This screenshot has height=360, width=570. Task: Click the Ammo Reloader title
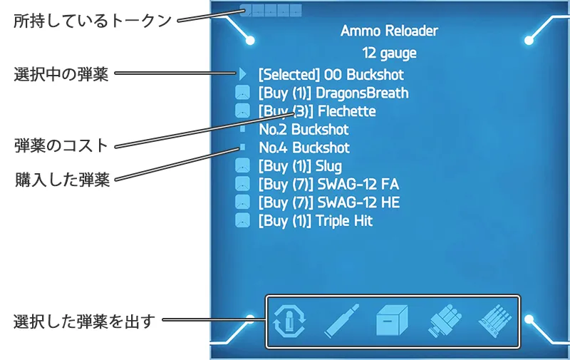point(389,31)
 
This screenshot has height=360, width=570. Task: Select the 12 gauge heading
point(389,53)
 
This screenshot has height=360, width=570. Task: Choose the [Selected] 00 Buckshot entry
point(331,74)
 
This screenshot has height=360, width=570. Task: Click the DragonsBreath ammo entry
point(333,93)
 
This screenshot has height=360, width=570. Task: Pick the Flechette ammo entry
point(316,111)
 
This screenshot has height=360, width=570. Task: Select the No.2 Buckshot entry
point(304,130)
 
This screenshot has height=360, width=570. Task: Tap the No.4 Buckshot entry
point(304,148)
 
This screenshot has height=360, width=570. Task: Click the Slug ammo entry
point(300,166)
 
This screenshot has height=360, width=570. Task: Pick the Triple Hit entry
point(315,221)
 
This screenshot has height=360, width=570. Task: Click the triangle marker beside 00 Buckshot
point(243,74)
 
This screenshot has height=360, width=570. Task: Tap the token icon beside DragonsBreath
point(242,93)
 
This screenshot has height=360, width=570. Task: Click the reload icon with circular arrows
point(290,322)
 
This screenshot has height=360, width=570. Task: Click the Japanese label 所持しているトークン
point(93,21)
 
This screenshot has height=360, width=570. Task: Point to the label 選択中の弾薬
point(61,74)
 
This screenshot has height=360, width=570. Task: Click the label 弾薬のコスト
point(61,146)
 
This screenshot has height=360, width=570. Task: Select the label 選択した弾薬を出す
point(84,321)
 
